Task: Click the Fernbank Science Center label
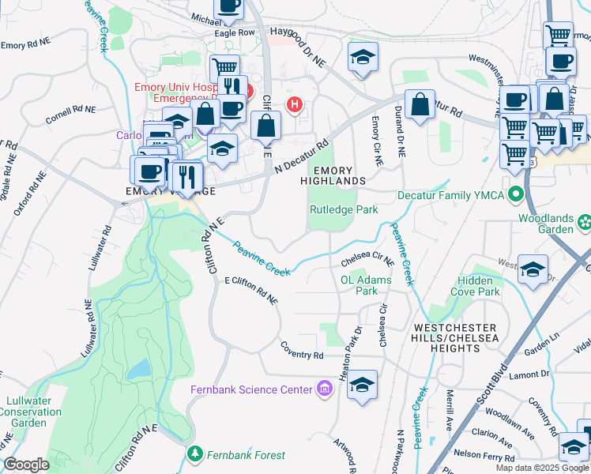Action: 251,389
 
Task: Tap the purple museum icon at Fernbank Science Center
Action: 323,389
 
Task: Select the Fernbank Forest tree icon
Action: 195,454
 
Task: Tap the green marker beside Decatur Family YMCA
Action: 517,194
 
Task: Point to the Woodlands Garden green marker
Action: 584,219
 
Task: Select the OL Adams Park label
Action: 365,285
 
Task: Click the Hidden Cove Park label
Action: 478,286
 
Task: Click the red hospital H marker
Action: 295,103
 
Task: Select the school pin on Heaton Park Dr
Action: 362,385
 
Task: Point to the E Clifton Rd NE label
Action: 251,290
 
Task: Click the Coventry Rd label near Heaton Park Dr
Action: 302,350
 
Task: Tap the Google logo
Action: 26,465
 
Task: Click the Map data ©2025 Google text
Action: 542,468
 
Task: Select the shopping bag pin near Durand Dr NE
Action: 420,105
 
